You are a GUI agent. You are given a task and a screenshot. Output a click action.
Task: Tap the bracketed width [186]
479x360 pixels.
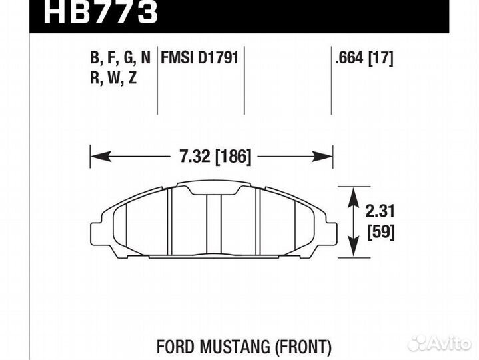tap(233, 157)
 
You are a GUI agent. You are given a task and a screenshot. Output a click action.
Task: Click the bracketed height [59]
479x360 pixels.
tap(381, 233)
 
